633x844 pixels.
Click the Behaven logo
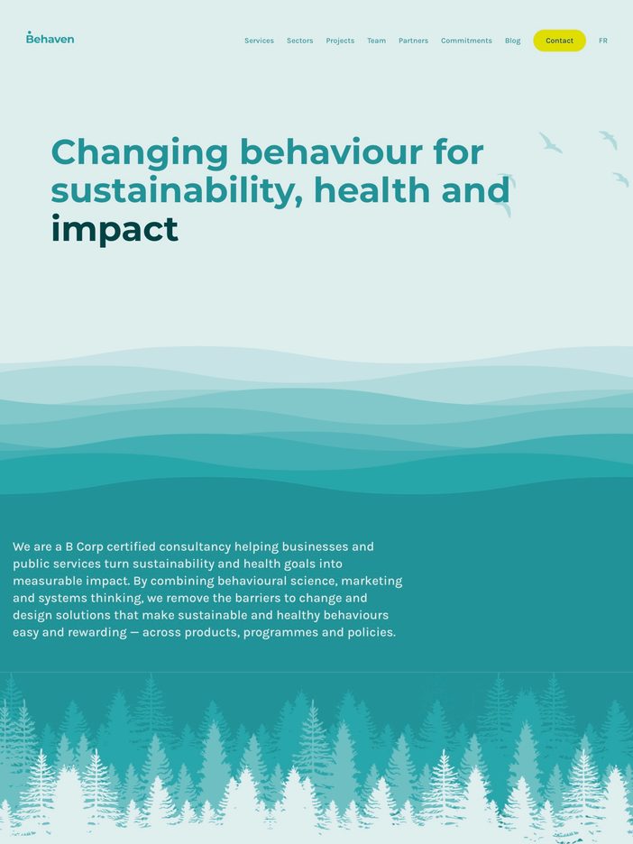click(x=50, y=38)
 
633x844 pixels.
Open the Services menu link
click(x=259, y=41)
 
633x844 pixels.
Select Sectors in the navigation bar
click(x=299, y=41)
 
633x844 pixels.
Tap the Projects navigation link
click(x=340, y=41)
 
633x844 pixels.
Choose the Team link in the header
click(x=376, y=41)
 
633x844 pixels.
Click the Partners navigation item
click(x=413, y=41)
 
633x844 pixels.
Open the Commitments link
click(x=466, y=41)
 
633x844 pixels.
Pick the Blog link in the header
click(x=512, y=41)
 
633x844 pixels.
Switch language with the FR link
click(x=603, y=41)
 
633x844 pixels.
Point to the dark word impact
click(x=115, y=230)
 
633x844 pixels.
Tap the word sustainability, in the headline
click(x=177, y=191)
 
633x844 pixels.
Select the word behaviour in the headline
click(x=332, y=152)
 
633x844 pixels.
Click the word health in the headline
click(x=372, y=190)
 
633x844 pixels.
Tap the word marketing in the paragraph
click(x=372, y=582)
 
